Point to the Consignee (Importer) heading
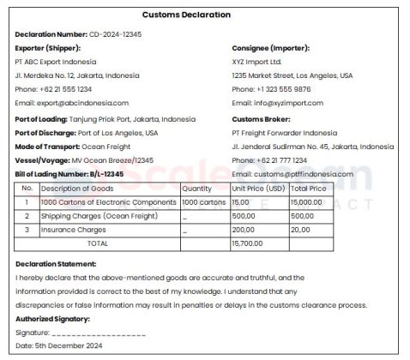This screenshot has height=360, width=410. [x=270, y=48]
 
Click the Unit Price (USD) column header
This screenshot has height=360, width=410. [x=258, y=189]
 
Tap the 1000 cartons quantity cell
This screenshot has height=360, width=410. [x=204, y=202]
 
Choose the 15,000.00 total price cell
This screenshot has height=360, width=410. [x=307, y=202]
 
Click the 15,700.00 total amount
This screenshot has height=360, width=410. [x=248, y=243]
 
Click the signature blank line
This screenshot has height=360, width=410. [x=99, y=332]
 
